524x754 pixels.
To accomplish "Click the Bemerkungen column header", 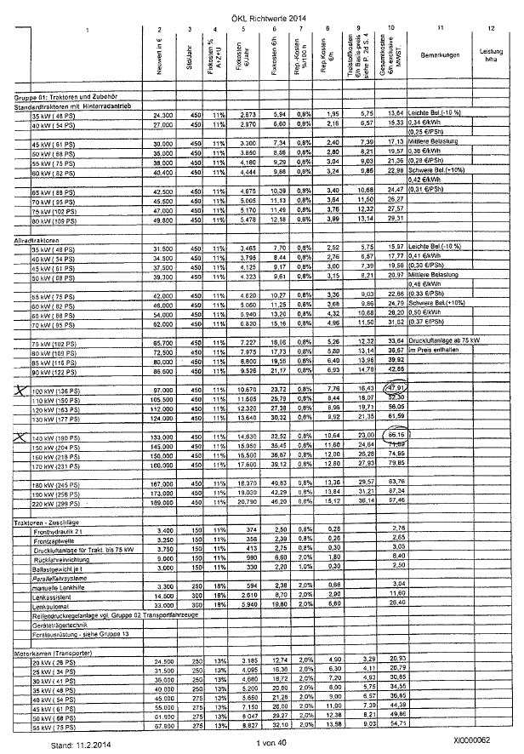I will click(x=438, y=54).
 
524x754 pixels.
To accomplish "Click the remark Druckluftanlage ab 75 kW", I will click(x=441, y=341).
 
